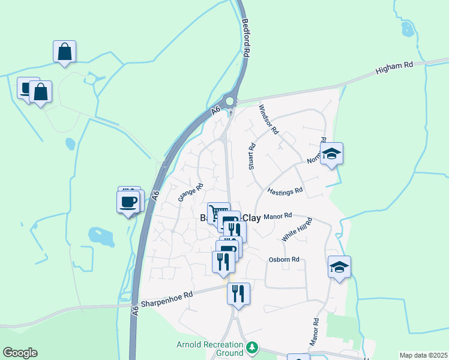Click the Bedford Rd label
[246, 38]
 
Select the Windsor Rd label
[268, 119]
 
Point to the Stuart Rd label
[252, 156]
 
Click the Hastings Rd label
[285, 192]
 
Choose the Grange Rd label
[191, 192]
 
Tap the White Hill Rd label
[297, 230]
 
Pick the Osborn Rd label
[284, 259]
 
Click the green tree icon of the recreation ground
[253, 347]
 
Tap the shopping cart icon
[218, 212]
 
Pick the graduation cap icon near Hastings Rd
[331, 154]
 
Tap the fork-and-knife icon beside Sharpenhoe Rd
[238, 293]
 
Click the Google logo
[20, 353]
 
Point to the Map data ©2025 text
[423, 355]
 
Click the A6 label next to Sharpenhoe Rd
[136, 310]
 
